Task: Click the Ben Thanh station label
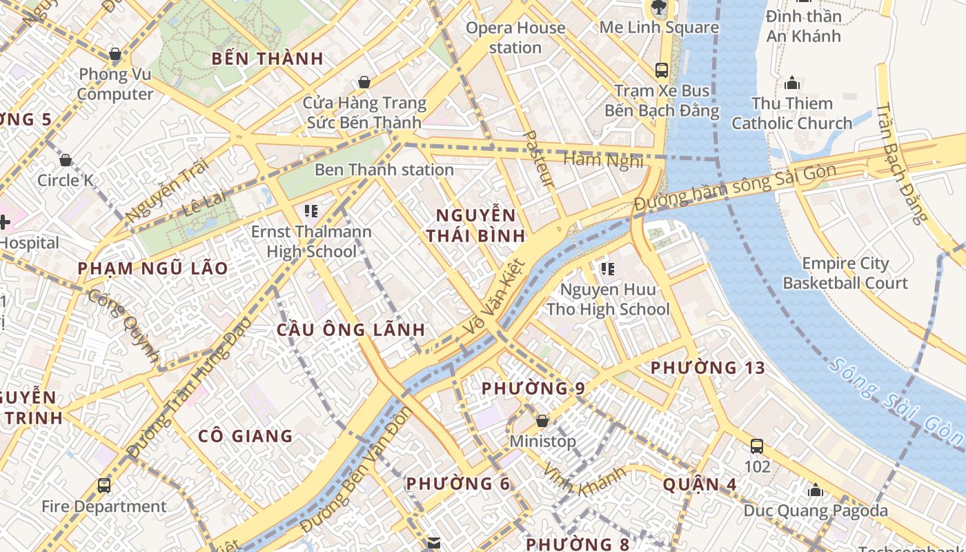click(x=384, y=170)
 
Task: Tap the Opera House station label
click(x=515, y=38)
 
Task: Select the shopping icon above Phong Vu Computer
click(x=115, y=54)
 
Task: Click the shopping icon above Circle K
click(x=66, y=160)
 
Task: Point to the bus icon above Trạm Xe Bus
click(x=661, y=70)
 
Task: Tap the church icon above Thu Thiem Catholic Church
click(x=792, y=83)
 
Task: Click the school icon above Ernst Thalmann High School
click(x=310, y=211)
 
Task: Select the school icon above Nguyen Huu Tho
click(x=607, y=269)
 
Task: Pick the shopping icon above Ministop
click(x=542, y=420)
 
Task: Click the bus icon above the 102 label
click(x=757, y=446)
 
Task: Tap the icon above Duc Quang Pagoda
click(x=816, y=490)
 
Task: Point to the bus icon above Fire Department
click(x=104, y=486)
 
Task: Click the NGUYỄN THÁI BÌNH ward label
click(x=475, y=225)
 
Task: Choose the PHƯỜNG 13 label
click(x=708, y=368)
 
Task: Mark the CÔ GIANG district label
click(x=246, y=436)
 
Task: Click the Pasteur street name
click(x=539, y=158)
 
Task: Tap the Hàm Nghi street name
click(x=604, y=160)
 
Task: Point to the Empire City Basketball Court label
click(x=845, y=273)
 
